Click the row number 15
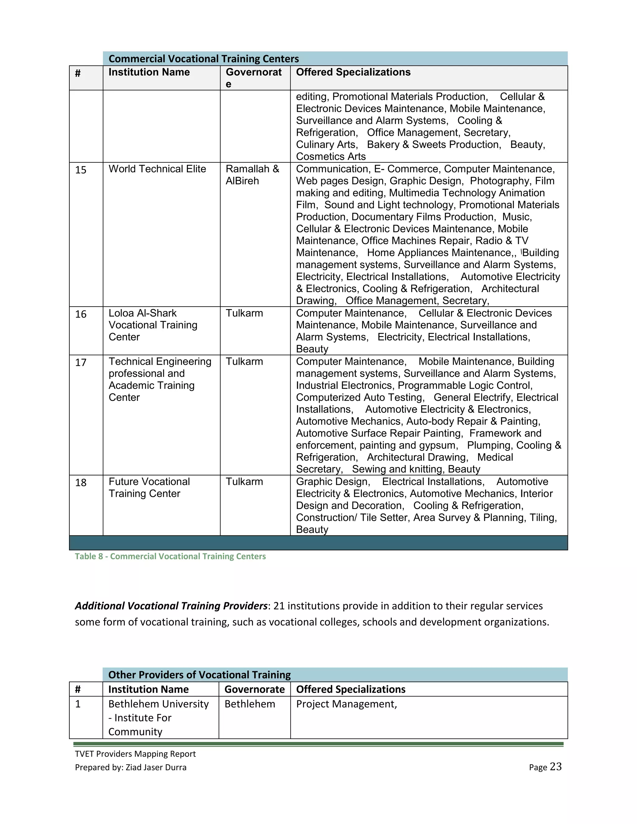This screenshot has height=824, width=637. (x=81, y=170)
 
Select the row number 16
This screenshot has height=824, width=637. (x=81, y=314)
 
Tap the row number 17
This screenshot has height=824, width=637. (x=81, y=362)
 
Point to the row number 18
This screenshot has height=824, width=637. (x=81, y=483)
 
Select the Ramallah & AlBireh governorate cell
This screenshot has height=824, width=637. (x=252, y=175)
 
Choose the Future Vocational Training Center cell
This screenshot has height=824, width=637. (x=149, y=488)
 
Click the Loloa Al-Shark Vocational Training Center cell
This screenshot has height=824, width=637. (x=153, y=325)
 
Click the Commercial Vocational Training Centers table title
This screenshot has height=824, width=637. (x=204, y=58)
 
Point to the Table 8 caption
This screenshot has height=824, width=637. (x=170, y=556)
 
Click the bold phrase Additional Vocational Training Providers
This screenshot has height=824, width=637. (x=171, y=606)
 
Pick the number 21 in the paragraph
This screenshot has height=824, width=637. (x=279, y=606)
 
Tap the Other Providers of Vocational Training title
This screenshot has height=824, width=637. (x=199, y=675)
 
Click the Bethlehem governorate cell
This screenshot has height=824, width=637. (x=249, y=704)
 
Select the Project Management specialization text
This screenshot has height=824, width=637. (x=346, y=704)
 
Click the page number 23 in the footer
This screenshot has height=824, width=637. (x=556, y=767)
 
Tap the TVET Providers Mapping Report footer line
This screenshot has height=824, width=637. (x=135, y=754)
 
